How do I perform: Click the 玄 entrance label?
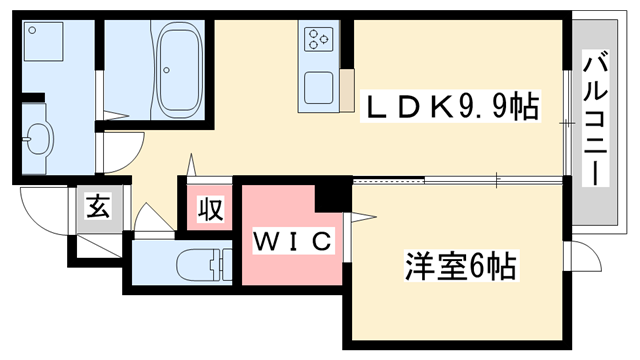[x=97, y=209]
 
